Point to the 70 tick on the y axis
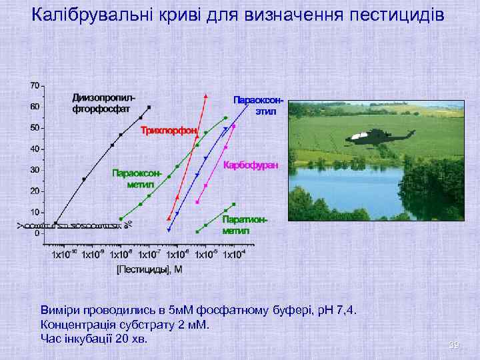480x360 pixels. [35, 85]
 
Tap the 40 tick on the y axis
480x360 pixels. [35, 149]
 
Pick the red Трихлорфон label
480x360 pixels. [169, 131]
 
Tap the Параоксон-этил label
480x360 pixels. [259, 105]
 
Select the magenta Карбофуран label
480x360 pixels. [251, 164]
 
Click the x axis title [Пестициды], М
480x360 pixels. [149, 269]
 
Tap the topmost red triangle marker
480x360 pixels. [206, 96]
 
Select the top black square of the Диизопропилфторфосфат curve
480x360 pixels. [149, 107]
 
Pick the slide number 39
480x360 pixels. [454, 345]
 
